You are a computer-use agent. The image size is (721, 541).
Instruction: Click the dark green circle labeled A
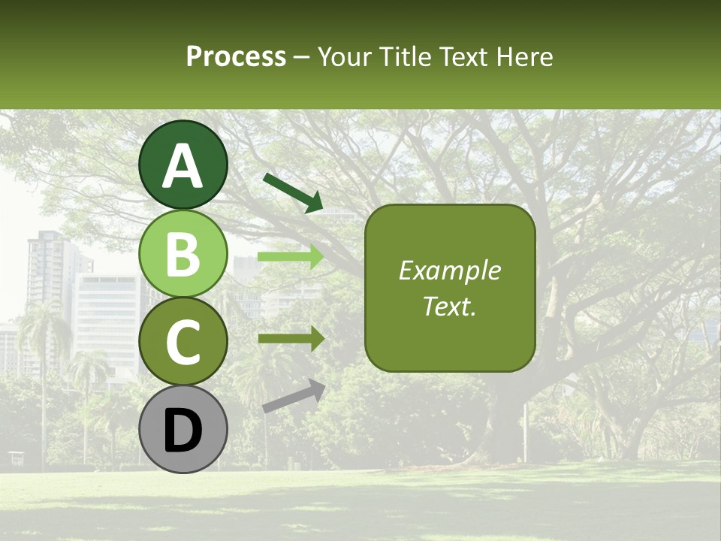[183, 165]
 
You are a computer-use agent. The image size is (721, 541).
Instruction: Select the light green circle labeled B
[183, 253]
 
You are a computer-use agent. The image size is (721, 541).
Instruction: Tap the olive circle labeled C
[183, 341]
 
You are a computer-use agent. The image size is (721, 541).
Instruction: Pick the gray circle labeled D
[183, 429]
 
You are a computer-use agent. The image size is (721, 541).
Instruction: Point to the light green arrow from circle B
[291, 257]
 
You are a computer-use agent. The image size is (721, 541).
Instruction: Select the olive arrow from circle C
[291, 338]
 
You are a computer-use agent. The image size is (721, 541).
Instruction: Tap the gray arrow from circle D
[294, 397]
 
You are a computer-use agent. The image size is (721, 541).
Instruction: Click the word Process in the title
[236, 56]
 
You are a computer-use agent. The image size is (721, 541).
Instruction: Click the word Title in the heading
[405, 56]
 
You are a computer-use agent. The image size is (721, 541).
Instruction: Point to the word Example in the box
[450, 270]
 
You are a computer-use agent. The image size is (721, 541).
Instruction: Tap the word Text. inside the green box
[450, 306]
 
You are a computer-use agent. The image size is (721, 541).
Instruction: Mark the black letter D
[183, 431]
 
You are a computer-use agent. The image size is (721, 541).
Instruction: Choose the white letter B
[183, 254]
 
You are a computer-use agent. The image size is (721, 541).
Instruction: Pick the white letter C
[183, 342]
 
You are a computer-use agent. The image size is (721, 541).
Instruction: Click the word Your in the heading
[345, 56]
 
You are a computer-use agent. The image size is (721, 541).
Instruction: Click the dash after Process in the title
[302, 58]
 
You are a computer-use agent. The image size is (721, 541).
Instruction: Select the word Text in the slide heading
[460, 56]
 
